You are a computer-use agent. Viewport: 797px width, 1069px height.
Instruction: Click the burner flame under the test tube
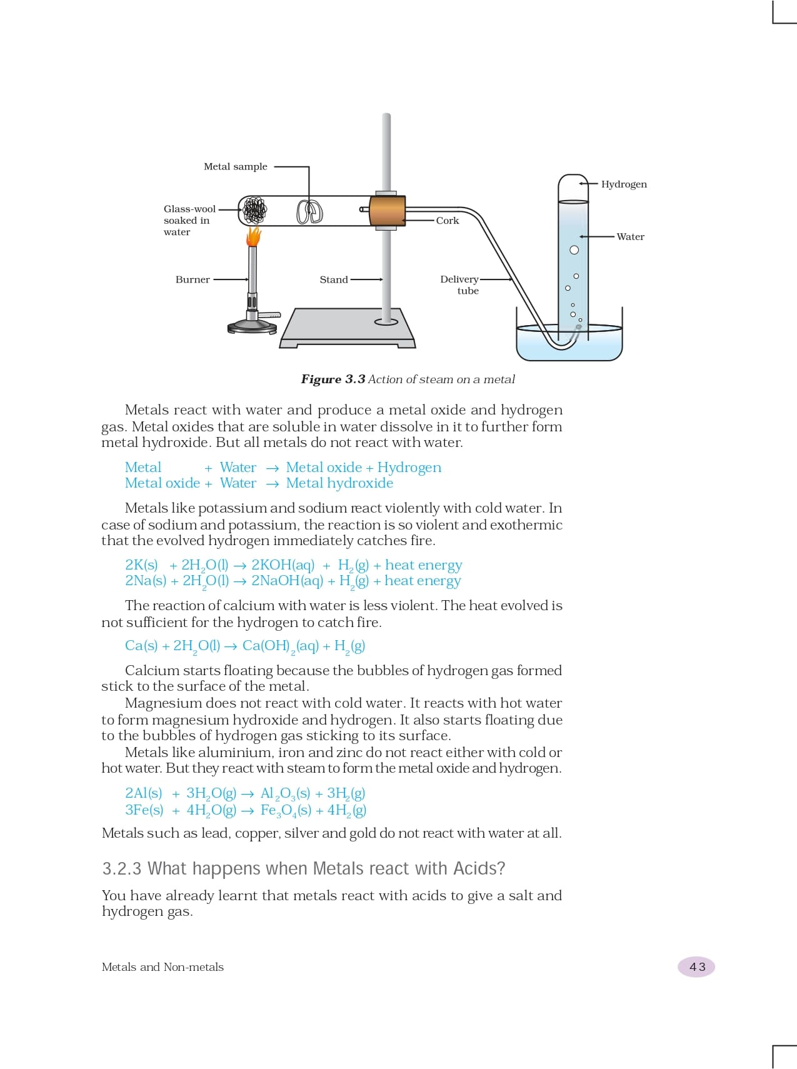pyautogui.click(x=253, y=236)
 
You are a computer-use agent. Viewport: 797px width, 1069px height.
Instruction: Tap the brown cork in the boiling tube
pyautogui.click(x=387, y=211)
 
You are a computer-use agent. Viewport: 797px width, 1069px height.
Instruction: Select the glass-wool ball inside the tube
pyautogui.click(x=254, y=210)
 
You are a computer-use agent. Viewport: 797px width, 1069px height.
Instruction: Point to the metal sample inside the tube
pyautogui.click(x=309, y=211)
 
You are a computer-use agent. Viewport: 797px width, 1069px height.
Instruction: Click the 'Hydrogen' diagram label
pyautogui.click(x=624, y=184)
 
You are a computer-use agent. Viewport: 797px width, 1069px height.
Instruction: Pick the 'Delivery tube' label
pyautogui.click(x=460, y=284)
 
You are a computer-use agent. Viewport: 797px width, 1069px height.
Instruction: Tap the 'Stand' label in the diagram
pyautogui.click(x=333, y=279)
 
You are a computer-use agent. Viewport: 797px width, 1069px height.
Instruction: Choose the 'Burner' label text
pyautogui.click(x=193, y=279)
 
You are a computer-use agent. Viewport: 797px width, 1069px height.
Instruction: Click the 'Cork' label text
pyautogui.click(x=448, y=221)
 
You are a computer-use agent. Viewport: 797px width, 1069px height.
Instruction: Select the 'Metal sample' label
pyautogui.click(x=235, y=166)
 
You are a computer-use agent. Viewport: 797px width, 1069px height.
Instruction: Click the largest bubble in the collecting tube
pyautogui.click(x=574, y=250)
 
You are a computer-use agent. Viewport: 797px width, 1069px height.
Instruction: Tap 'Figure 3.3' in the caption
pyautogui.click(x=333, y=379)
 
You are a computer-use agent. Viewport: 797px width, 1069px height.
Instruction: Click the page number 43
pyautogui.click(x=697, y=967)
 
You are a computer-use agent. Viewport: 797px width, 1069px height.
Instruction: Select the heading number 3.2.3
pyautogui.click(x=122, y=868)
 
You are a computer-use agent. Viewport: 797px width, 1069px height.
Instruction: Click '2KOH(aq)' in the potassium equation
pyautogui.click(x=283, y=565)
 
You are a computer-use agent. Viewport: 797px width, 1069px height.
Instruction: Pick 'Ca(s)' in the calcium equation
pyautogui.click(x=141, y=646)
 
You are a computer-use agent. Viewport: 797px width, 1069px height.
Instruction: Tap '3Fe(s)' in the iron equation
pyautogui.click(x=144, y=810)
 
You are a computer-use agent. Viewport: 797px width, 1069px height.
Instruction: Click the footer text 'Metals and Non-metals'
pyautogui.click(x=163, y=967)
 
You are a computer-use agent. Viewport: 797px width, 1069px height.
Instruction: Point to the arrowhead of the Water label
pyautogui.click(x=581, y=236)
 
